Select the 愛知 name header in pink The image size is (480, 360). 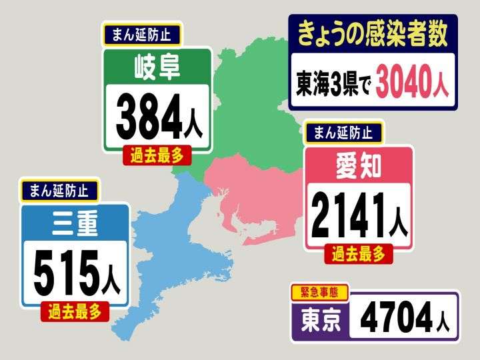coord(358,166)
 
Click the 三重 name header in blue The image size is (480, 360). coord(74,223)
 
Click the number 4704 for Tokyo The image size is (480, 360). coord(393,318)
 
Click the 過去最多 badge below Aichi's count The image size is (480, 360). coord(359,253)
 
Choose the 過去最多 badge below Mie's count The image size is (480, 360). coord(74,311)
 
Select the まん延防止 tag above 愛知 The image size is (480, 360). coord(344,132)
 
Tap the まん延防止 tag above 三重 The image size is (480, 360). coord(59,190)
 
